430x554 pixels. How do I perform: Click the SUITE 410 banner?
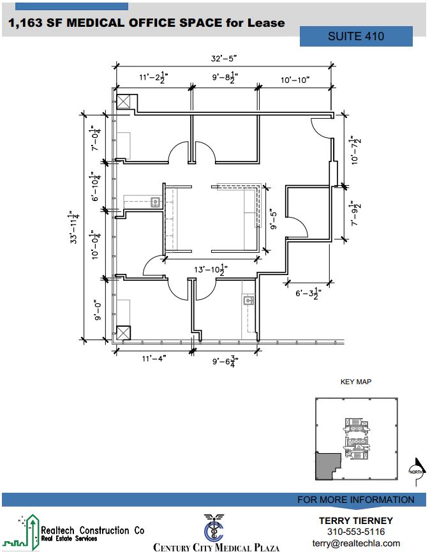click(356, 36)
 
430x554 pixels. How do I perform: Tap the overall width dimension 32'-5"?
click(223, 58)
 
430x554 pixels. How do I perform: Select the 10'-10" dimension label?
click(295, 80)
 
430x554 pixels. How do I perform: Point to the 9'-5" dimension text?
click(274, 220)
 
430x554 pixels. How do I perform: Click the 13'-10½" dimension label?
click(211, 269)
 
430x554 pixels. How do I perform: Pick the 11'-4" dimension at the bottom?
click(154, 359)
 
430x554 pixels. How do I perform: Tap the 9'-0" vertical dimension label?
click(98, 311)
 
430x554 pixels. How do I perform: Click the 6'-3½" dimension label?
click(309, 293)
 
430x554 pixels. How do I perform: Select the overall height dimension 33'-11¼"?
click(74, 227)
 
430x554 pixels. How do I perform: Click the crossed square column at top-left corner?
click(124, 101)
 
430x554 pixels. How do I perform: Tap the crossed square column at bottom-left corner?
click(124, 333)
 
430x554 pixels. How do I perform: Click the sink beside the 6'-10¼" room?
click(155, 202)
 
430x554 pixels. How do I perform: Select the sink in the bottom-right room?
click(249, 301)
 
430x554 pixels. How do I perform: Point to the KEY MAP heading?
click(356, 382)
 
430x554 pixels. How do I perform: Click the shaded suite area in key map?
click(326, 467)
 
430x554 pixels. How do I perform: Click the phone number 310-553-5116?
click(356, 532)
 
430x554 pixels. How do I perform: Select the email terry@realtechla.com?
click(356, 543)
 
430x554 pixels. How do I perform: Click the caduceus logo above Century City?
click(214, 528)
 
